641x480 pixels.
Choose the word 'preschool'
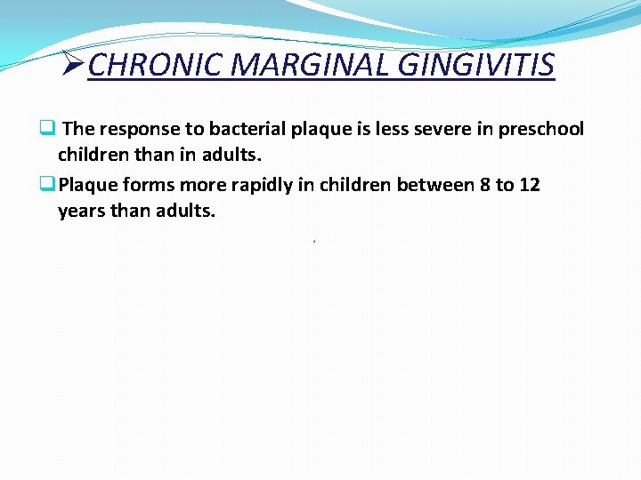coord(541,129)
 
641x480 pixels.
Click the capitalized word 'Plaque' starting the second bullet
coord(86,185)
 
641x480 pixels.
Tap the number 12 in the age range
coord(529,185)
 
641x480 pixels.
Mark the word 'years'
coord(81,212)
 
